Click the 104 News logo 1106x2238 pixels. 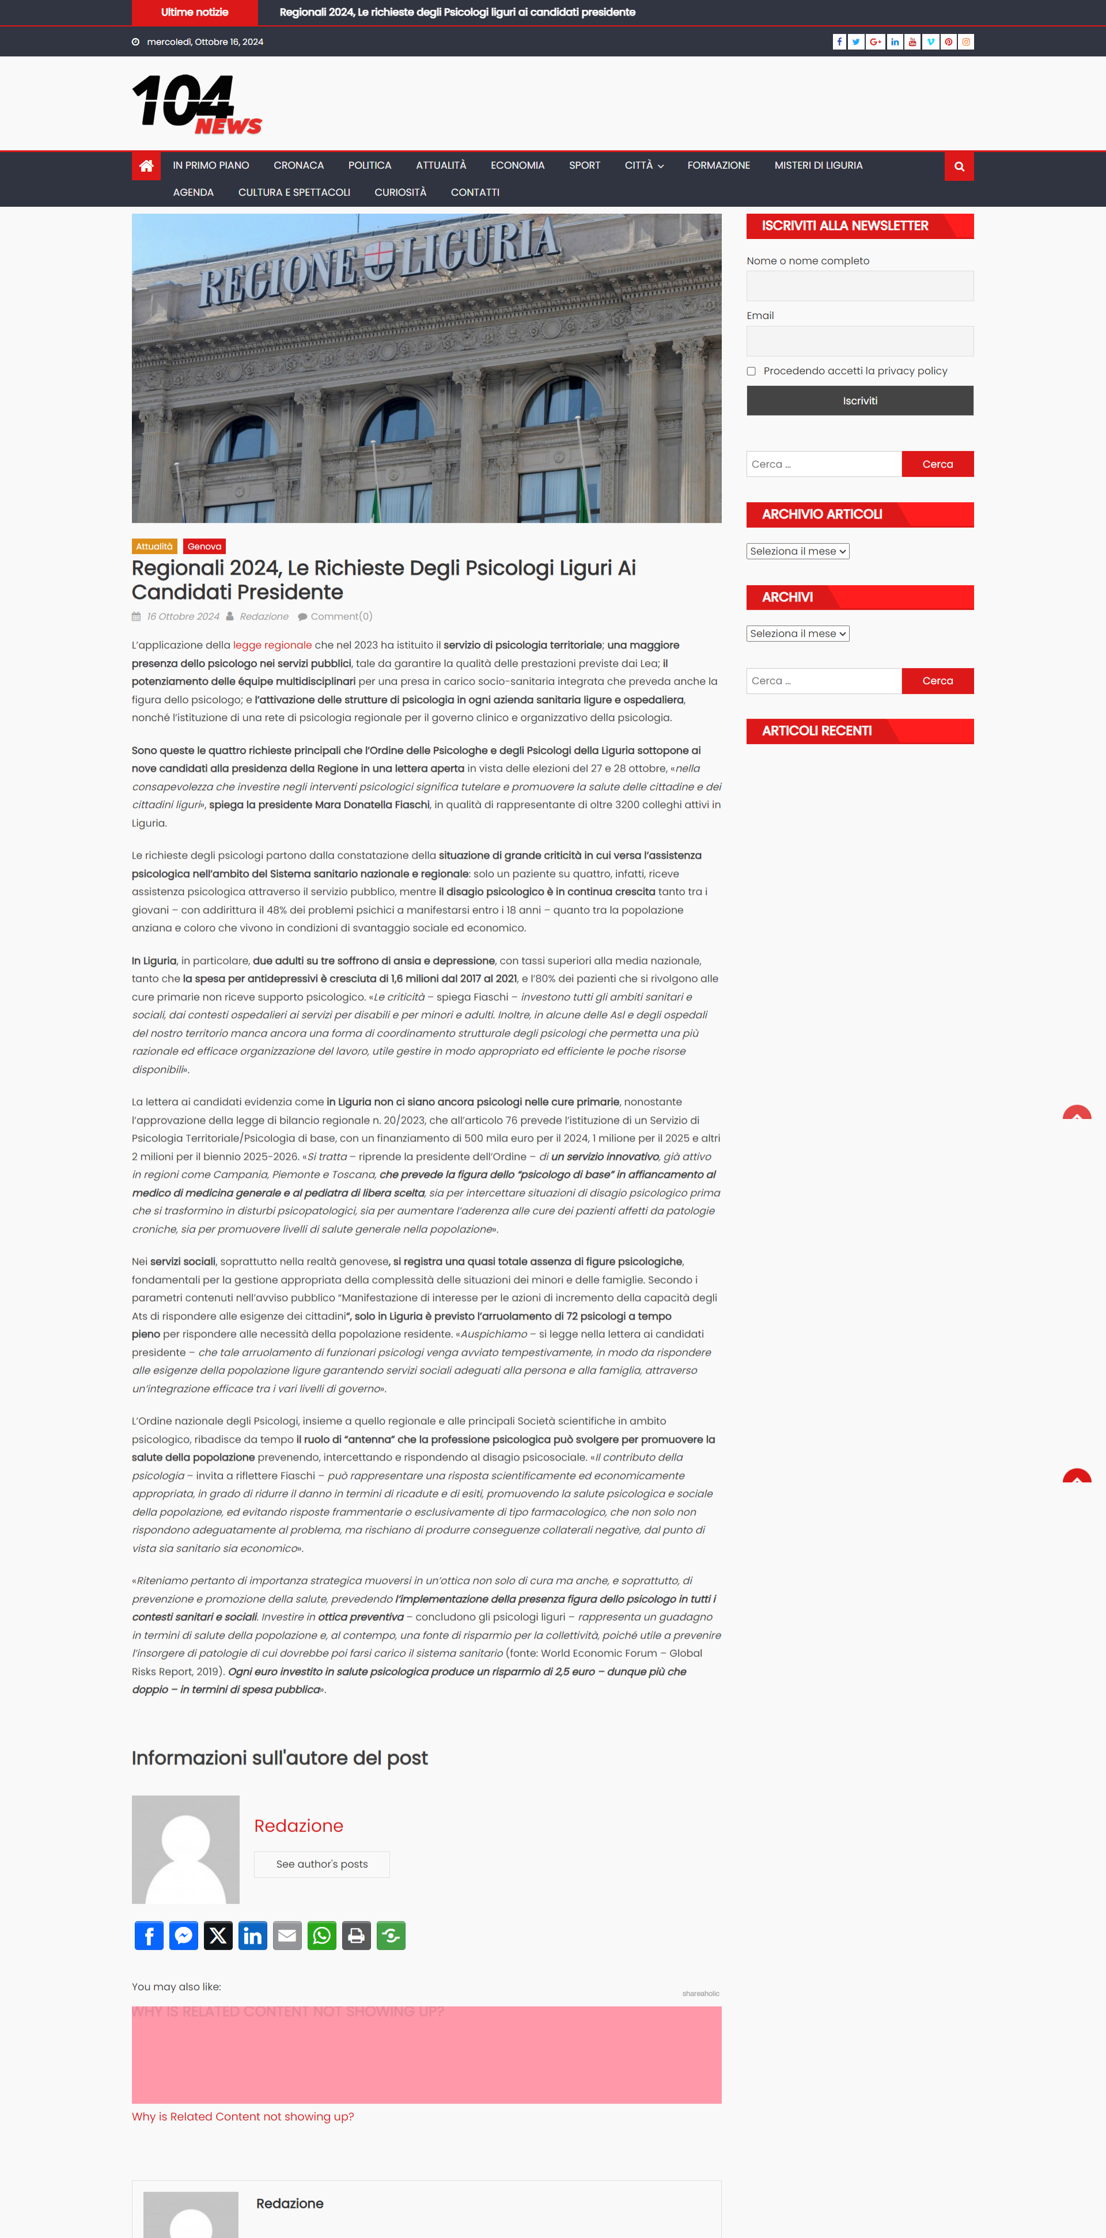(196, 104)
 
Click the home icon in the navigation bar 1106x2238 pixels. (146, 166)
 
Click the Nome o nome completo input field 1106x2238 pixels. (859, 286)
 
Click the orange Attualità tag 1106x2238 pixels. (154, 547)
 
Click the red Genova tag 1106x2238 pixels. (204, 547)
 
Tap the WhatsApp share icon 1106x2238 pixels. (321, 1936)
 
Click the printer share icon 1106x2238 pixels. (356, 1936)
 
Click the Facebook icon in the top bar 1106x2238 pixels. (839, 41)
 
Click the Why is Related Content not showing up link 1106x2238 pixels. (243, 2117)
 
